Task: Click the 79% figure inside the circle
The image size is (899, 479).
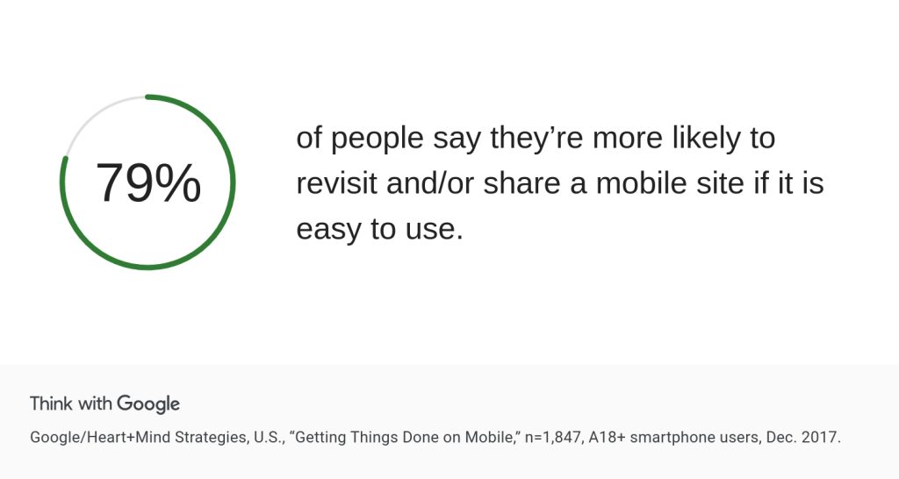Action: point(148,182)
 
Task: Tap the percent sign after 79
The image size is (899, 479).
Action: point(177,182)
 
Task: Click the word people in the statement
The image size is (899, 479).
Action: point(378,138)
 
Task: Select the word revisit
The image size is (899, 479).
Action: point(336,183)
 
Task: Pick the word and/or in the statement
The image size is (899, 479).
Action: point(430,183)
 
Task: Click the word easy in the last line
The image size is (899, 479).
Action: point(328,230)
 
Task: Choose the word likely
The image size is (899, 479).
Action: point(706,138)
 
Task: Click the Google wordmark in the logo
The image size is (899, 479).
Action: point(148,404)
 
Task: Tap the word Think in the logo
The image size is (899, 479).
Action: point(52,404)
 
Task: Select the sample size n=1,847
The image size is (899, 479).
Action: point(553,438)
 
